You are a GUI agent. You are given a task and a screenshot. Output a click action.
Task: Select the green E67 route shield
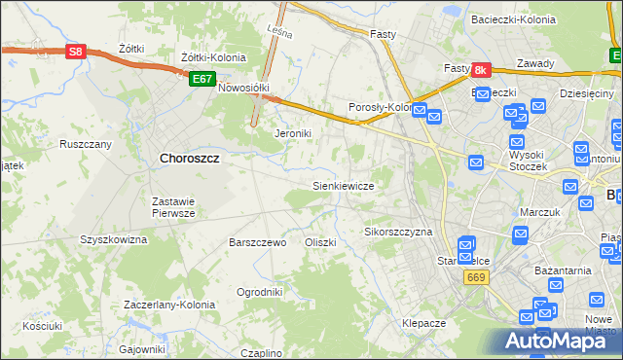point(202,79)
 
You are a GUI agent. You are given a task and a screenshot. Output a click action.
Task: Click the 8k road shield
point(481,71)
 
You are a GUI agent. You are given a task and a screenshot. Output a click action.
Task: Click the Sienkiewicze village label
point(343,185)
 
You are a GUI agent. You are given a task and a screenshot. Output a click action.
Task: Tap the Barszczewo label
point(257,242)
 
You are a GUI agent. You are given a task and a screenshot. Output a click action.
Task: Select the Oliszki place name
point(320,242)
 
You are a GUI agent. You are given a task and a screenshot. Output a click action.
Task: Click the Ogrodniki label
point(260,292)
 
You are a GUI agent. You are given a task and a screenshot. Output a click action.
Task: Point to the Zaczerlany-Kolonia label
point(169,305)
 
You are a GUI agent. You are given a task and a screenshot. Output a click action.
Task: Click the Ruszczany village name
point(86,144)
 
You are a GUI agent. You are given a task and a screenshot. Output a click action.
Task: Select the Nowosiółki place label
point(243,87)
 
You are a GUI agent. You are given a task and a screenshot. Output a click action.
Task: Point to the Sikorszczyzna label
point(398,233)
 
